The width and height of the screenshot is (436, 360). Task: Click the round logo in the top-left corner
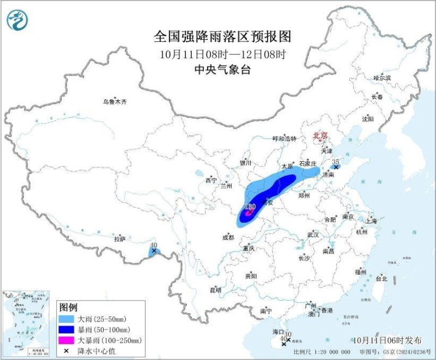point(16,20)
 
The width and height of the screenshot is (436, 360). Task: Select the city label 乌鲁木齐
point(114,101)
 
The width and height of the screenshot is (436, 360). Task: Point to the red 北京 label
point(320,135)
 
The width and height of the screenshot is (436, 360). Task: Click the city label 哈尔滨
point(382,78)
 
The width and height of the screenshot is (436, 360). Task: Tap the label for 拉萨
point(120,239)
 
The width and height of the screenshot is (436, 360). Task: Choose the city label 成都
point(228,237)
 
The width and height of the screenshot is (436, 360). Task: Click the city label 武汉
point(312,234)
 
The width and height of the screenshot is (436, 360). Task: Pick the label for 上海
point(372,221)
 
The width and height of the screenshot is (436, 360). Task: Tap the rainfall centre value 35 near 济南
point(336,162)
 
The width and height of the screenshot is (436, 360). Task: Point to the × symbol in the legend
point(66,351)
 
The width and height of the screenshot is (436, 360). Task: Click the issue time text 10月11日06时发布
point(387,340)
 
